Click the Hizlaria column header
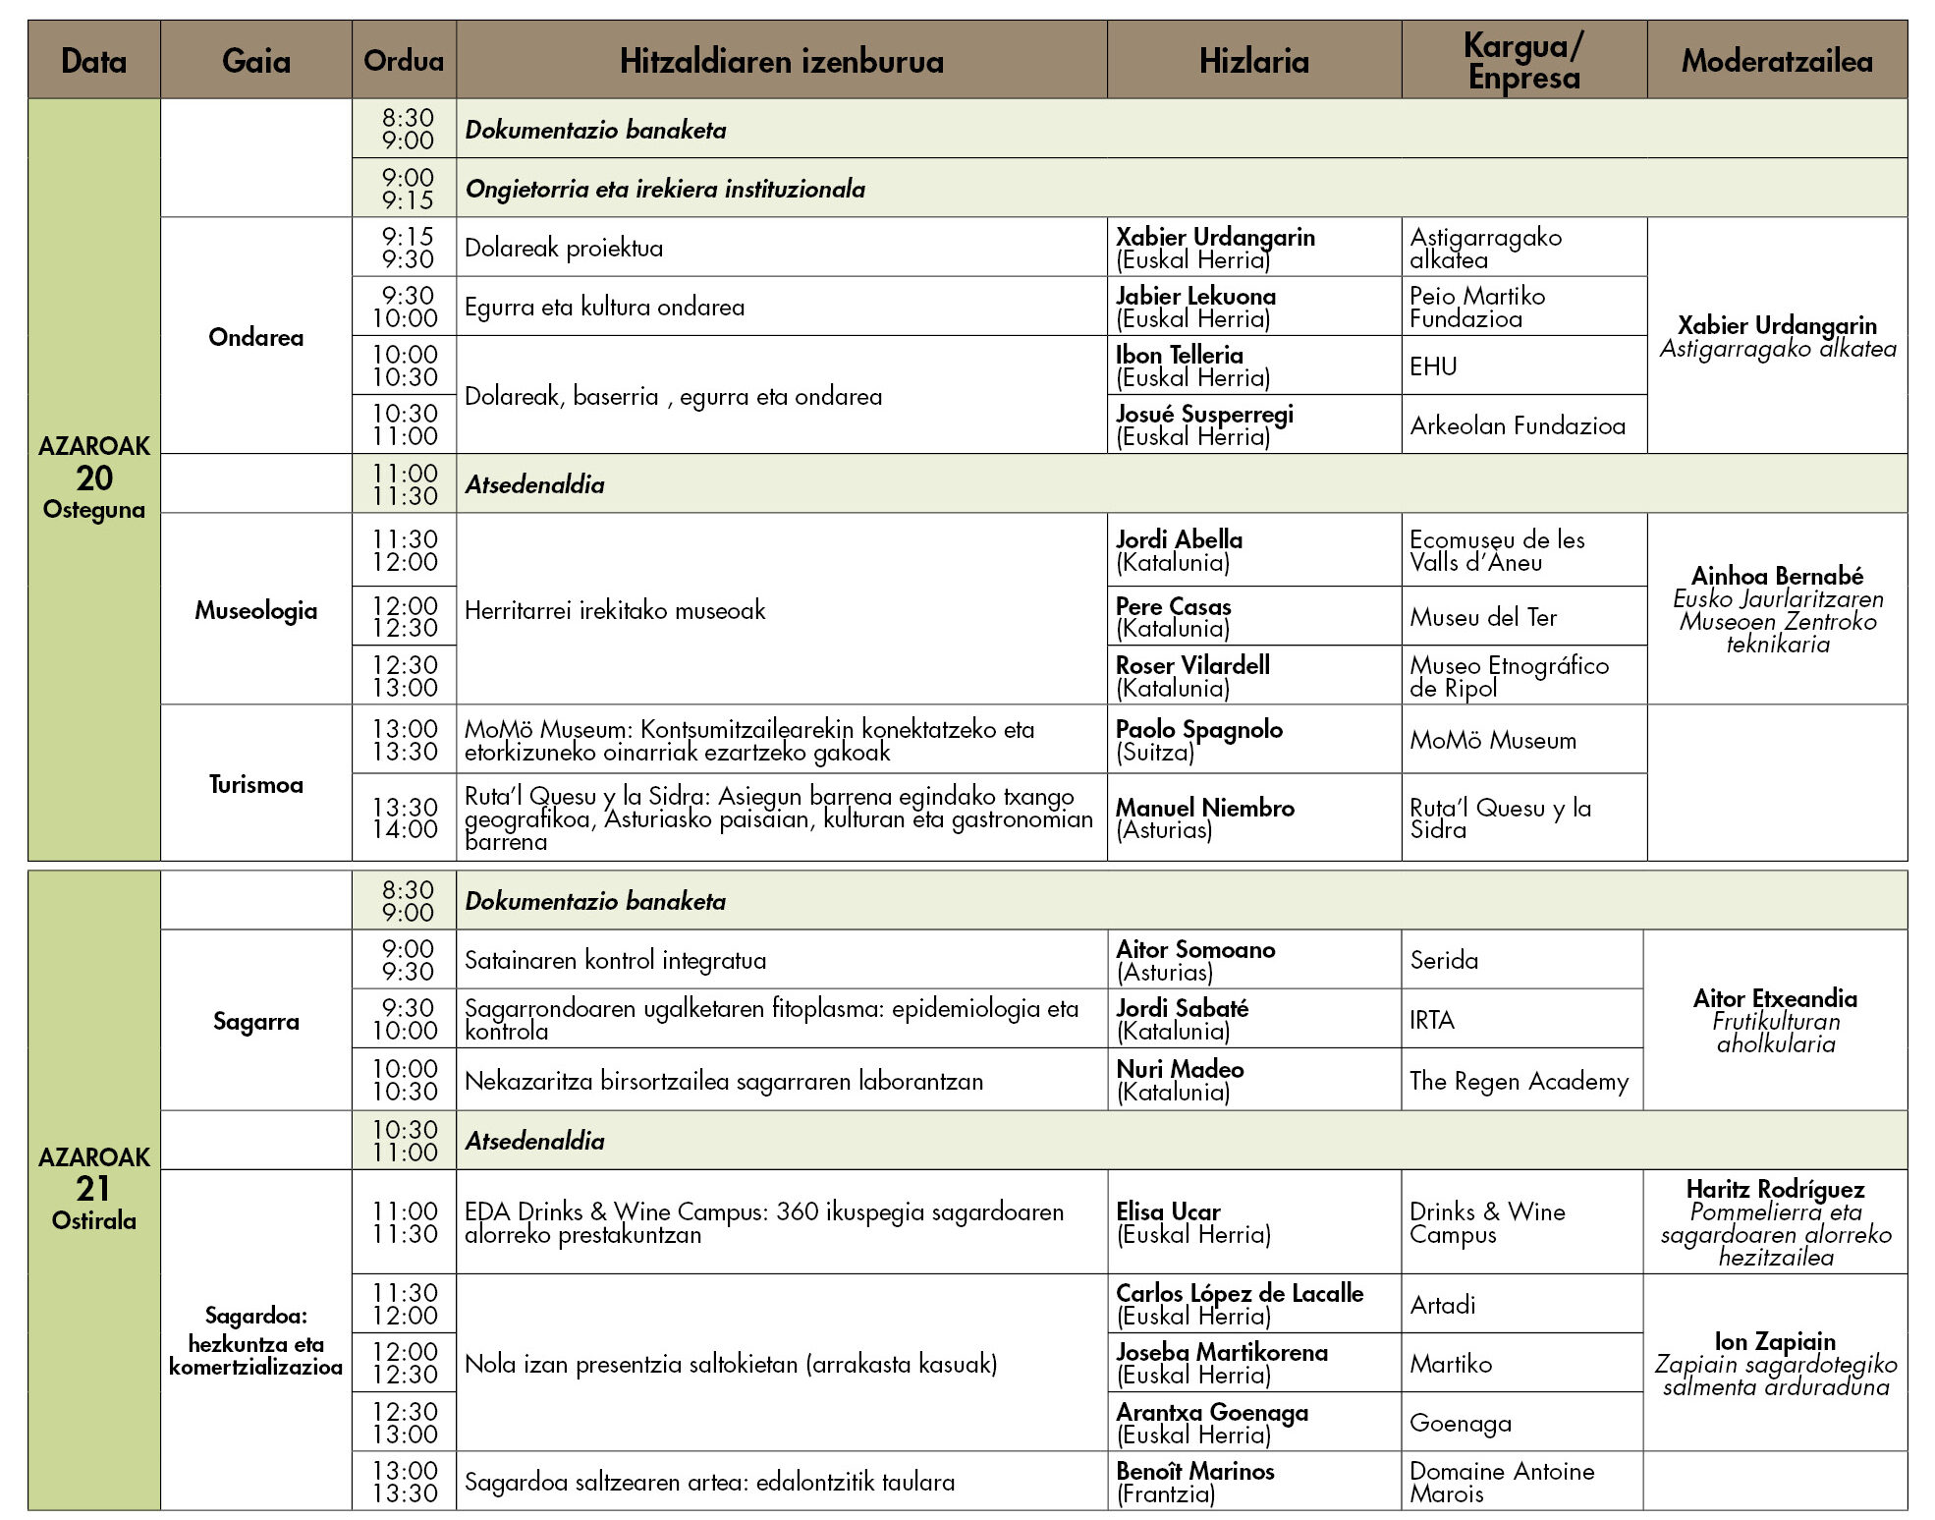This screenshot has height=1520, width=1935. pos(1253,61)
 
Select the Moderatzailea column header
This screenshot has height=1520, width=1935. pos(1776,61)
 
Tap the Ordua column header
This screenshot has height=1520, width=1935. pos(404,61)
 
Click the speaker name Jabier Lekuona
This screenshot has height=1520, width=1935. pos(1195,296)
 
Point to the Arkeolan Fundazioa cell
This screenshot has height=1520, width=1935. pos(1518,425)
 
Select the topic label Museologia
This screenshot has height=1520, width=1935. pos(255,610)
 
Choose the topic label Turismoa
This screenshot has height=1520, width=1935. pos(255,784)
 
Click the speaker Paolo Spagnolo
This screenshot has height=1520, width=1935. pos(1198,729)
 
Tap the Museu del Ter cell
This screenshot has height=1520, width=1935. pos(1483,617)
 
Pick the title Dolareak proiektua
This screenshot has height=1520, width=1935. pos(564,248)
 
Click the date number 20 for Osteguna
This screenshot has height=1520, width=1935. pos(94,479)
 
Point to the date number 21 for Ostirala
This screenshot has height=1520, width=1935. pos(94,1189)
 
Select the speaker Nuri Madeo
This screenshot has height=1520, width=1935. pos(1180,1069)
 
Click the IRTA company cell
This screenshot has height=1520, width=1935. pos(1432,1020)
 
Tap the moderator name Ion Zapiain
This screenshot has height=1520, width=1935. pos(1775,1341)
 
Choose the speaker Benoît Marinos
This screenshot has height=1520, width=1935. pos(1194,1471)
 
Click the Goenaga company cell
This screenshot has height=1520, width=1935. pos(1461,1423)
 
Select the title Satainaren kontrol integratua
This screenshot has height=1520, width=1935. pos(615,960)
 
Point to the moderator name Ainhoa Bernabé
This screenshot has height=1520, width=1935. pos(1777,576)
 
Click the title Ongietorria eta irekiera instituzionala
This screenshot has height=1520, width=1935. pos(665,189)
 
